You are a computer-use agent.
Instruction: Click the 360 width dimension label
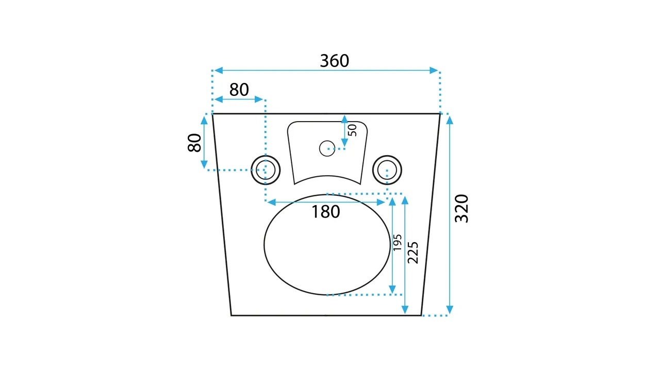coord(335,61)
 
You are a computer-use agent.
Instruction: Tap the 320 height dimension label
coord(461,209)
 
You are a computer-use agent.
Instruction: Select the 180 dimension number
coord(325,212)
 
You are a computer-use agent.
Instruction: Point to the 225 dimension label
coord(413,252)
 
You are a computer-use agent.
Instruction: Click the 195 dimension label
coord(398,242)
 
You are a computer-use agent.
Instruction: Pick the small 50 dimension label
coord(352,130)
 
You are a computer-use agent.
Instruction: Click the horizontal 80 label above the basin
coord(239,90)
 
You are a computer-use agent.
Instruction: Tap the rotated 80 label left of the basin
coord(194,143)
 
